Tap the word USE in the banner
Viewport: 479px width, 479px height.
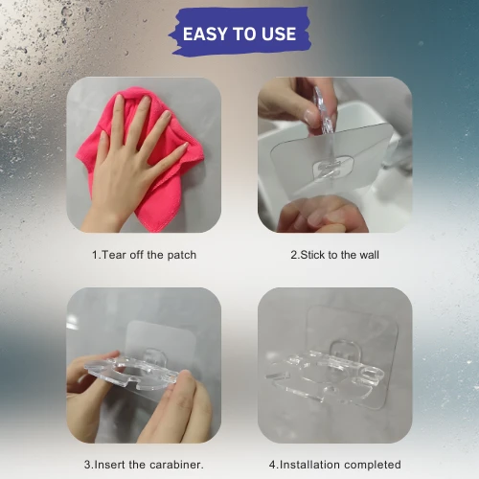point(279,34)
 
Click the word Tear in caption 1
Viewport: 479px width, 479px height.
point(114,255)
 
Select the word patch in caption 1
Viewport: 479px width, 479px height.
point(182,255)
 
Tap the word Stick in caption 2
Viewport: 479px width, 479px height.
point(312,255)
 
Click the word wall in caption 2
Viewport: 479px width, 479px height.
point(369,255)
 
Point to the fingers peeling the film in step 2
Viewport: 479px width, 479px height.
point(316,215)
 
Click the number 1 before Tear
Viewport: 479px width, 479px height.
point(95,255)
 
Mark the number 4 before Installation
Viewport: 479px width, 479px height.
point(272,465)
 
